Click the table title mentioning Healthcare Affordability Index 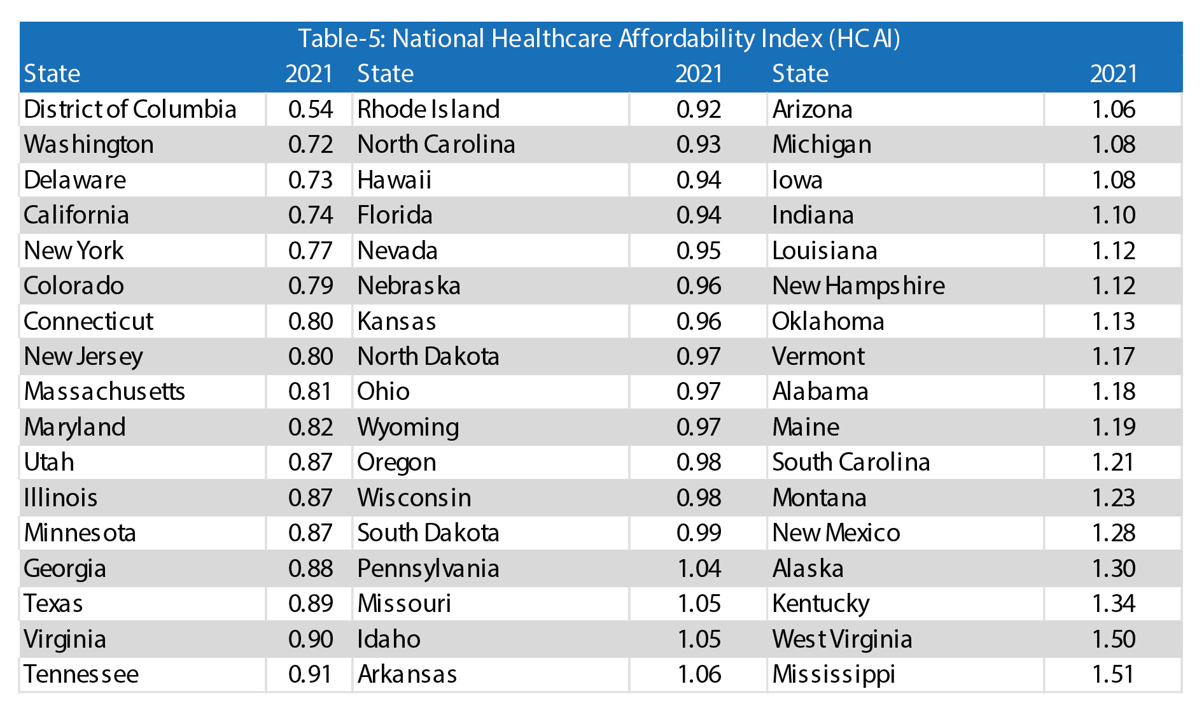pos(599,39)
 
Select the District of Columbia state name pos(130,110)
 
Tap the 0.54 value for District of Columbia pos(310,110)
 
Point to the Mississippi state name pos(834,674)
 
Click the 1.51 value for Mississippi pos(1113,674)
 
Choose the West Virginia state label pos(842,639)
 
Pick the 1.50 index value pos(1113,639)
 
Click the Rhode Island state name pos(428,110)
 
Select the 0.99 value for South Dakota pos(698,533)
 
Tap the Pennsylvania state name pos(428,569)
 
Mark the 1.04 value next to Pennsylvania pos(699,569)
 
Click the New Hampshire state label pos(858,286)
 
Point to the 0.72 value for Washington pos(310,145)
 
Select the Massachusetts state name pos(104,392)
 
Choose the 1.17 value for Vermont pos(1113,357)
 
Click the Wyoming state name pos(408,427)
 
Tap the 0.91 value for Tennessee pos(310,674)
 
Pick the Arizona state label pos(812,110)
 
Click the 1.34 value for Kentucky pos(1113,604)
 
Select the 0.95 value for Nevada pos(698,251)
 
